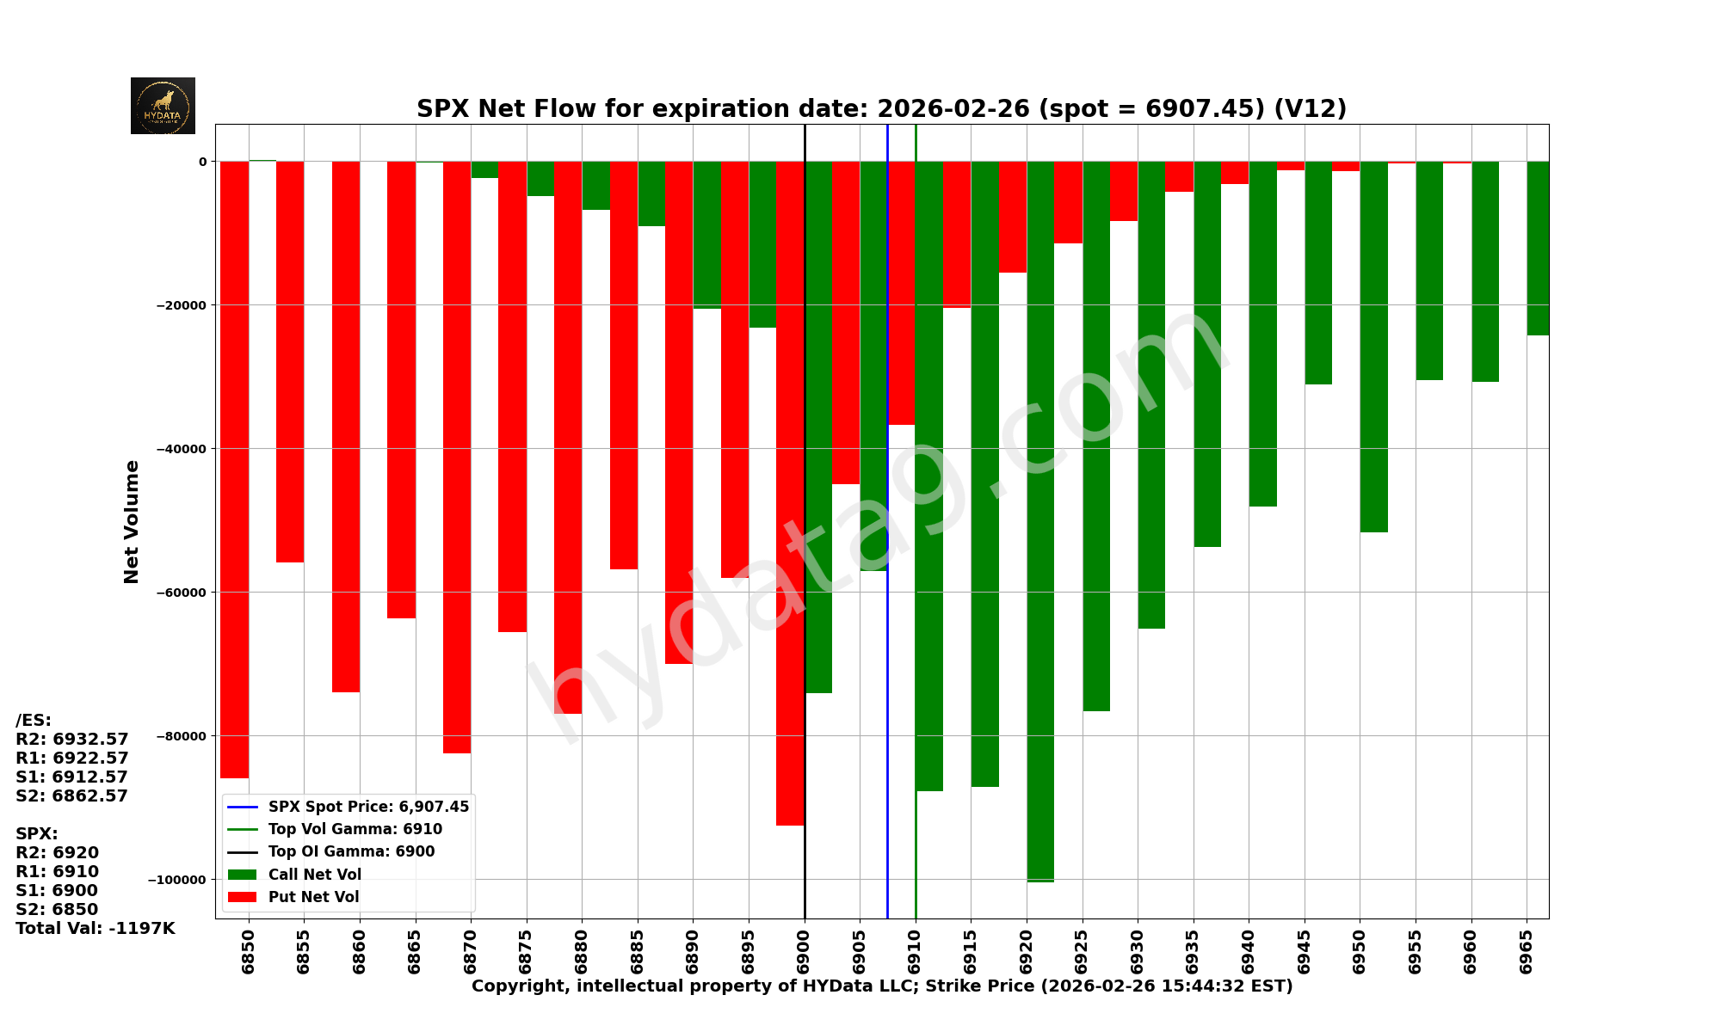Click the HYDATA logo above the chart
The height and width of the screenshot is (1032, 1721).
click(x=163, y=106)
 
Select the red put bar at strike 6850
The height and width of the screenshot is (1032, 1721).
click(x=235, y=469)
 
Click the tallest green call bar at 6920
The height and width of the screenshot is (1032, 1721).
click(x=1040, y=520)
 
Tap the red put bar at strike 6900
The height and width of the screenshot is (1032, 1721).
click(x=790, y=493)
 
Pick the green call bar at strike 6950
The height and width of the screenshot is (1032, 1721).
click(x=1373, y=346)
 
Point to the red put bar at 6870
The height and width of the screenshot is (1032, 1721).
click(x=457, y=457)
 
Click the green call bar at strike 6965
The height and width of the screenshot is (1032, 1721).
click(x=1538, y=248)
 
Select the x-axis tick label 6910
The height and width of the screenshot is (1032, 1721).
click(x=916, y=951)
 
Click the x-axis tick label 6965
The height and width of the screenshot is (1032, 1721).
click(x=1527, y=951)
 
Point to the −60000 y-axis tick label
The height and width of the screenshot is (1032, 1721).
click(x=180, y=593)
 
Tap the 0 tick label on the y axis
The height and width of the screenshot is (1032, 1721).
click(x=203, y=162)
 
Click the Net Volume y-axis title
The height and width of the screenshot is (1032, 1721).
click(x=132, y=521)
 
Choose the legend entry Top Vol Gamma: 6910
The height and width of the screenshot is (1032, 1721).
click(x=355, y=829)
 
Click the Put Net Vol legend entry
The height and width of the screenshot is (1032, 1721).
click(x=313, y=897)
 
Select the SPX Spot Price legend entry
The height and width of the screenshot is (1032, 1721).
click(x=368, y=807)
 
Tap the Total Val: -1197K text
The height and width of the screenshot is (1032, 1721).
click(x=96, y=929)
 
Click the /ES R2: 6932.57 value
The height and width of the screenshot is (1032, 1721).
click(x=72, y=740)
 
